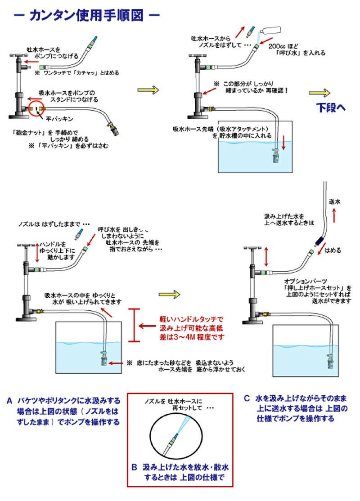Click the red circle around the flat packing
pyautogui.click(x=36, y=110)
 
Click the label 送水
pyautogui.click(x=335, y=202)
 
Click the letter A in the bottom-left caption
pyautogui.click(x=9, y=399)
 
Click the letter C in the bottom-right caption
pyautogui.click(x=246, y=398)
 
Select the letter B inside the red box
pyautogui.click(x=134, y=467)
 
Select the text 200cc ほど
pyautogui.click(x=282, y=46)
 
